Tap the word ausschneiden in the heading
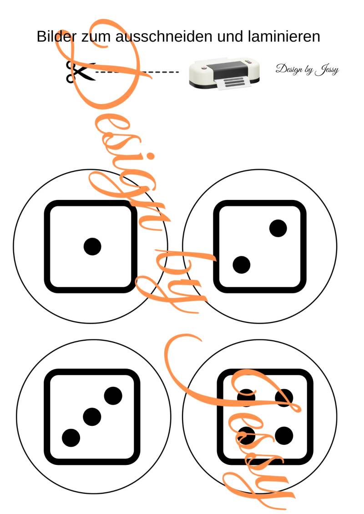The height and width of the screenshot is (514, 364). point(164,36)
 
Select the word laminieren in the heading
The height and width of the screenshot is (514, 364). point(284,36)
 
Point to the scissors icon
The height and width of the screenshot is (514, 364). point(80,71)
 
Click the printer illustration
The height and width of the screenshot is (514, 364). point(224,74)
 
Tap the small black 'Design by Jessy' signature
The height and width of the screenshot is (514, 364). point(307,69)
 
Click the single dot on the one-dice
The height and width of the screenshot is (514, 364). point(92,246)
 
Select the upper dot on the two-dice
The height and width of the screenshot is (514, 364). point(278,228)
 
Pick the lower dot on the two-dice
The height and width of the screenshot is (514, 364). point(241,265)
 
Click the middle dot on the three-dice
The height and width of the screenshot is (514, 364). point(92,417)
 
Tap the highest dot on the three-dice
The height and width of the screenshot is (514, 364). point(113,396)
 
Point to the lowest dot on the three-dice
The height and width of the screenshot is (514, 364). point(71,438)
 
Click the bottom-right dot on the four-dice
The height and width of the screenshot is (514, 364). point(284,436)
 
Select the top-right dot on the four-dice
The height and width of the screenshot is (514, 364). point(284,398)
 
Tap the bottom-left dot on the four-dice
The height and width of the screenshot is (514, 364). point(246,436)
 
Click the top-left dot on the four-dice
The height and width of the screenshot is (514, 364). point(246,398)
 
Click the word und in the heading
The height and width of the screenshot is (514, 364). point(230,36)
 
